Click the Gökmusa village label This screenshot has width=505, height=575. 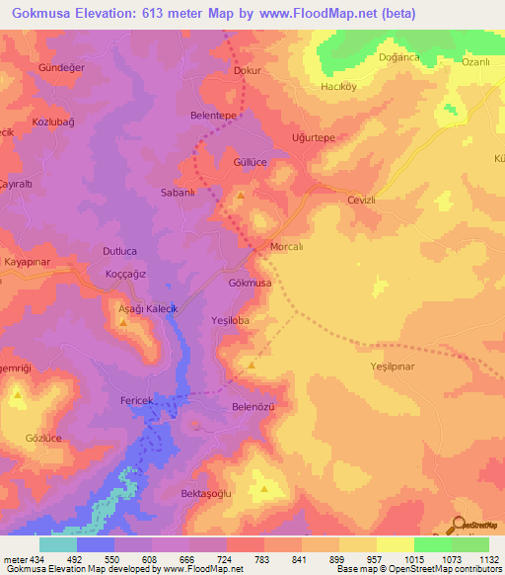pyautogui.click(x=250, y=284)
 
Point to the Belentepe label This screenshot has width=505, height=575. pyautogui.click(x=213, y=115)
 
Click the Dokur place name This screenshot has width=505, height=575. pyautogui.click(x=245, y=71)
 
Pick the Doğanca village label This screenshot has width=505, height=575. pyautogui.click(x=399, y=57)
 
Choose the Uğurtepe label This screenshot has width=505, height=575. pyautogui.click(x=315, y=138)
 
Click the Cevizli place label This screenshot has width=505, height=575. pyautogui.click(x=363, y=199)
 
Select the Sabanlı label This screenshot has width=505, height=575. pyautogui.click(x=180, y=194)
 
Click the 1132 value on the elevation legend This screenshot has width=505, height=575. pyautogui.click(x=488, y=560)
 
